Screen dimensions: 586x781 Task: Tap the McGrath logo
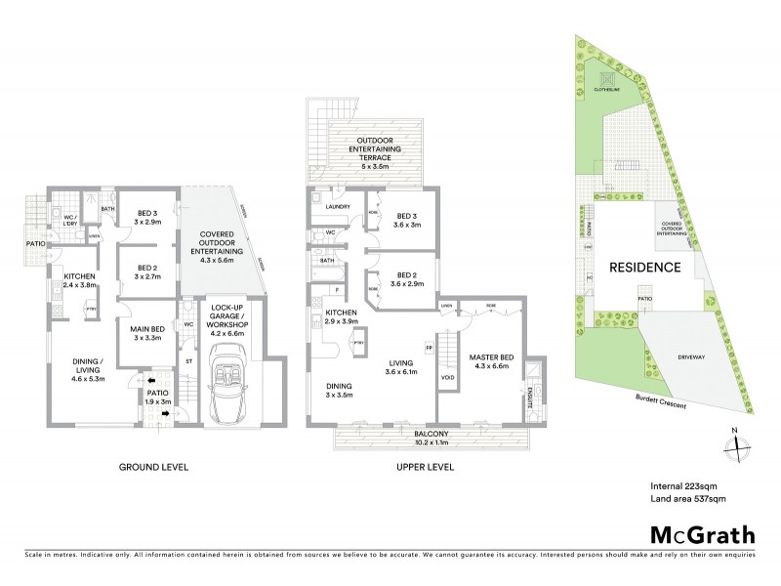click(700, 535)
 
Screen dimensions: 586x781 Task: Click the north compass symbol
click(733, 445)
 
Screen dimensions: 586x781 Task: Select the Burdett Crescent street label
click(659, 400)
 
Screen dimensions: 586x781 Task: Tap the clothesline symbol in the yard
click(605, 77)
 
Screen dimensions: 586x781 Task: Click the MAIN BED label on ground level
click(144, 335)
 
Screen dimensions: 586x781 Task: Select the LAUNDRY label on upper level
click(339, 206)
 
